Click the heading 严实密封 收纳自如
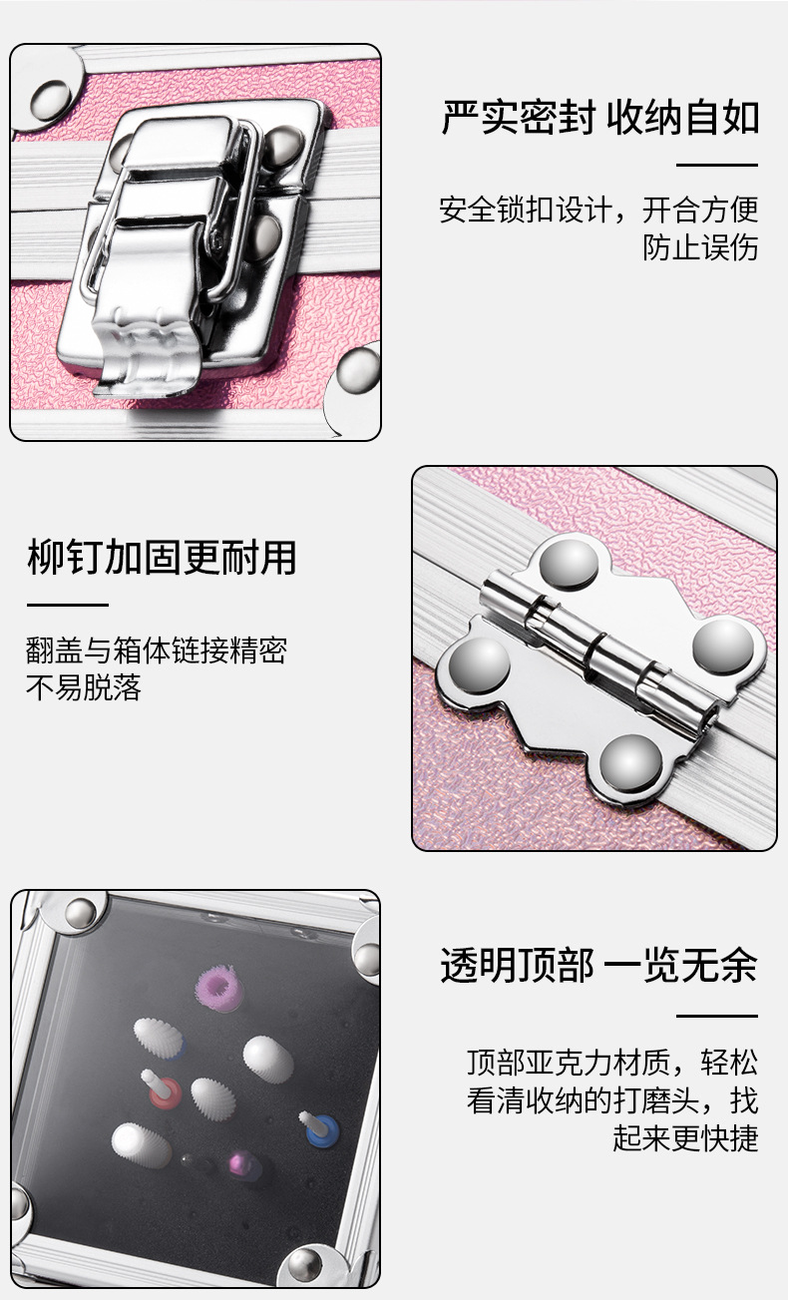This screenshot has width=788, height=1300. click(600, 118)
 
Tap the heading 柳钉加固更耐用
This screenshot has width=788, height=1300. click(162, 558)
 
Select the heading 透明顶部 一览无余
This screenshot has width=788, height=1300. click(599, 966)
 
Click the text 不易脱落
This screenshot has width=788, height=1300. click(84, 687)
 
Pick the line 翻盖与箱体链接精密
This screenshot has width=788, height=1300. click(157, 651)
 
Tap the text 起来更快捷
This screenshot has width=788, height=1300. click(685, 1137)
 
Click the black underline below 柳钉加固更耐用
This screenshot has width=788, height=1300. click(67, 605)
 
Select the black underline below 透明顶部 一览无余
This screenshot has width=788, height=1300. click(717, 1016)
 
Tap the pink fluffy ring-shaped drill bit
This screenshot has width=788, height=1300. click(220, 989)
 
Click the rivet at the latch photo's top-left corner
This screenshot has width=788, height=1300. click(53, 97)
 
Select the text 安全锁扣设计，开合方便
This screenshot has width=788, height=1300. click(598, 211)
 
